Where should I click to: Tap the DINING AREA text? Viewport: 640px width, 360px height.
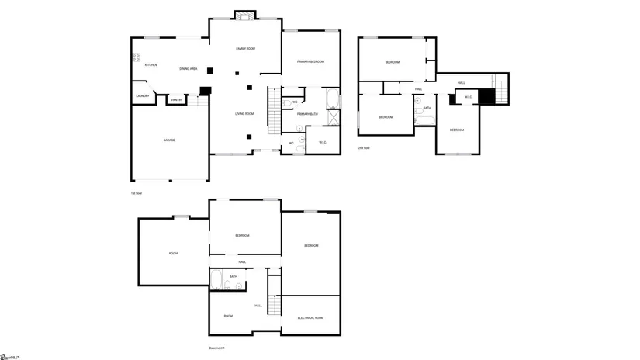click(188, 69)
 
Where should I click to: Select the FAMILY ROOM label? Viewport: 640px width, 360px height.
click(245, 49)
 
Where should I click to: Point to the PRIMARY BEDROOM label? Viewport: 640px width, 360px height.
click(310, 61)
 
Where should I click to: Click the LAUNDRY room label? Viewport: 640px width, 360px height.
click(142, 96)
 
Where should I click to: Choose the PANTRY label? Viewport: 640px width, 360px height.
click(176, 99)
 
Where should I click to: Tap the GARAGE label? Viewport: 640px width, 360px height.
click(168, 140)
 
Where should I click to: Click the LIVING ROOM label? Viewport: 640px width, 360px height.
click(244, 114)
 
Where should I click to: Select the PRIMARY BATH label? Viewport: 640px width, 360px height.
click(307, 114)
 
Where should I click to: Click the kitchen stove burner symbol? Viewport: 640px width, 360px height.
click(136, 57)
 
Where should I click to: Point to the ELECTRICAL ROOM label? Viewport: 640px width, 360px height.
click(310, 318)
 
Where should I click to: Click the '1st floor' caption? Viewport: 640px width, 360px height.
click(136, 192)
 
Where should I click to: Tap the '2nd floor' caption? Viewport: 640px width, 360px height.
click(364, 147)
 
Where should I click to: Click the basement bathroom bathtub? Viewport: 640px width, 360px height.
click(217, 281)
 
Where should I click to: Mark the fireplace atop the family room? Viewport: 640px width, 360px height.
click(245, 15)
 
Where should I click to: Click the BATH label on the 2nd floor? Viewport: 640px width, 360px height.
click(427, 108)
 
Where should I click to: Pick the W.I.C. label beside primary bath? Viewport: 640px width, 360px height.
click(323, 141)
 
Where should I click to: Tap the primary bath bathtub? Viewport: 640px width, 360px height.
click(332, 99)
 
